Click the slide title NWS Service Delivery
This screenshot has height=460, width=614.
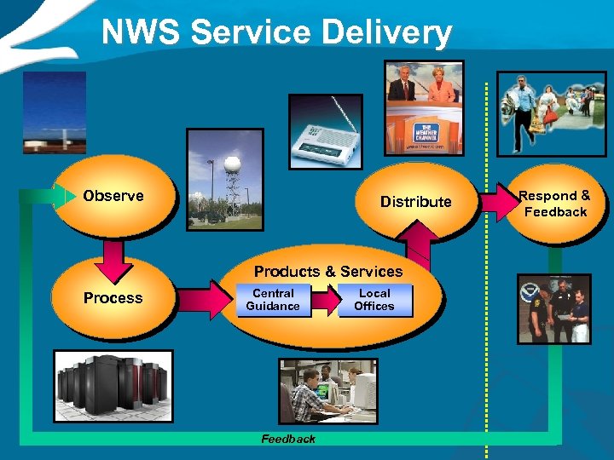point(276,32)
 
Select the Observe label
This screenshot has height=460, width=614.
point(113,196)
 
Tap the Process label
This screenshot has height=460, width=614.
point(113,297)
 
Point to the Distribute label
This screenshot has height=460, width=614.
point(415,202)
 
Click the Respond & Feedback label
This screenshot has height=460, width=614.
point(556,204)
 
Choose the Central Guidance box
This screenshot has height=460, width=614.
point(273,300)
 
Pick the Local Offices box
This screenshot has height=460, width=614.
point(374,300)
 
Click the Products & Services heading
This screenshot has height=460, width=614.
point(328,272)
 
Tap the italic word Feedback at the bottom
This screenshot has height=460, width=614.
point(288,439)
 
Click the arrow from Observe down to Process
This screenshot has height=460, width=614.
point(113,258)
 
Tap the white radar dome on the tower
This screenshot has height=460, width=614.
point(229,164)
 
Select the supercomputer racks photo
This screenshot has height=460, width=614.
point(113,386)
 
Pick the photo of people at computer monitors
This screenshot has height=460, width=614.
point(327,391)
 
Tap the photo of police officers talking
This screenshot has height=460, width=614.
point(553,308)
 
